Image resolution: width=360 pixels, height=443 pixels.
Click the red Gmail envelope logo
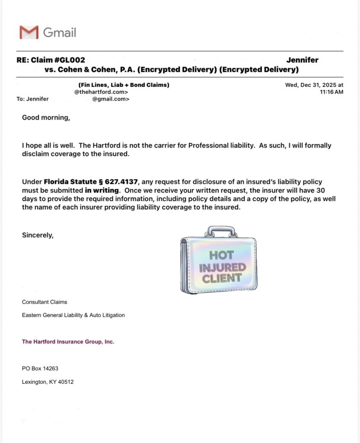[29, 32]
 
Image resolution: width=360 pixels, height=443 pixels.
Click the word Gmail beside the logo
[60, 32]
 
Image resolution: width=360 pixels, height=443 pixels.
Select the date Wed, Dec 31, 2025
[314, 85]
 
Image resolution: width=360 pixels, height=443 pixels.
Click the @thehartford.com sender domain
[101, 92]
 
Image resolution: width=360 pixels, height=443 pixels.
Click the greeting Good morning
[46, 117]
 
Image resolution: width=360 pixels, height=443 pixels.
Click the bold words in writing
[102, 190]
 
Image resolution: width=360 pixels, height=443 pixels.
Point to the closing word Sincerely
[38, 235]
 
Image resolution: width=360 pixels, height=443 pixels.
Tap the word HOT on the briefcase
[221, 255]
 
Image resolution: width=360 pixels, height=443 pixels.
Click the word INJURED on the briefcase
[222, 267]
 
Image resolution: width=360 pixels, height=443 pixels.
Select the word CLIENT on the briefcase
[222, 278]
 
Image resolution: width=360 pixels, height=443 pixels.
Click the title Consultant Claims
[45, 302]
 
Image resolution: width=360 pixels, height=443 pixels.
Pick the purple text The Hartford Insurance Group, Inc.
[68, 342]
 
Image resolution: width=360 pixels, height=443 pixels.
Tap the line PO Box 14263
[40, 369]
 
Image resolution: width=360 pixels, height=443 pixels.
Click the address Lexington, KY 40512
[48, 382]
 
